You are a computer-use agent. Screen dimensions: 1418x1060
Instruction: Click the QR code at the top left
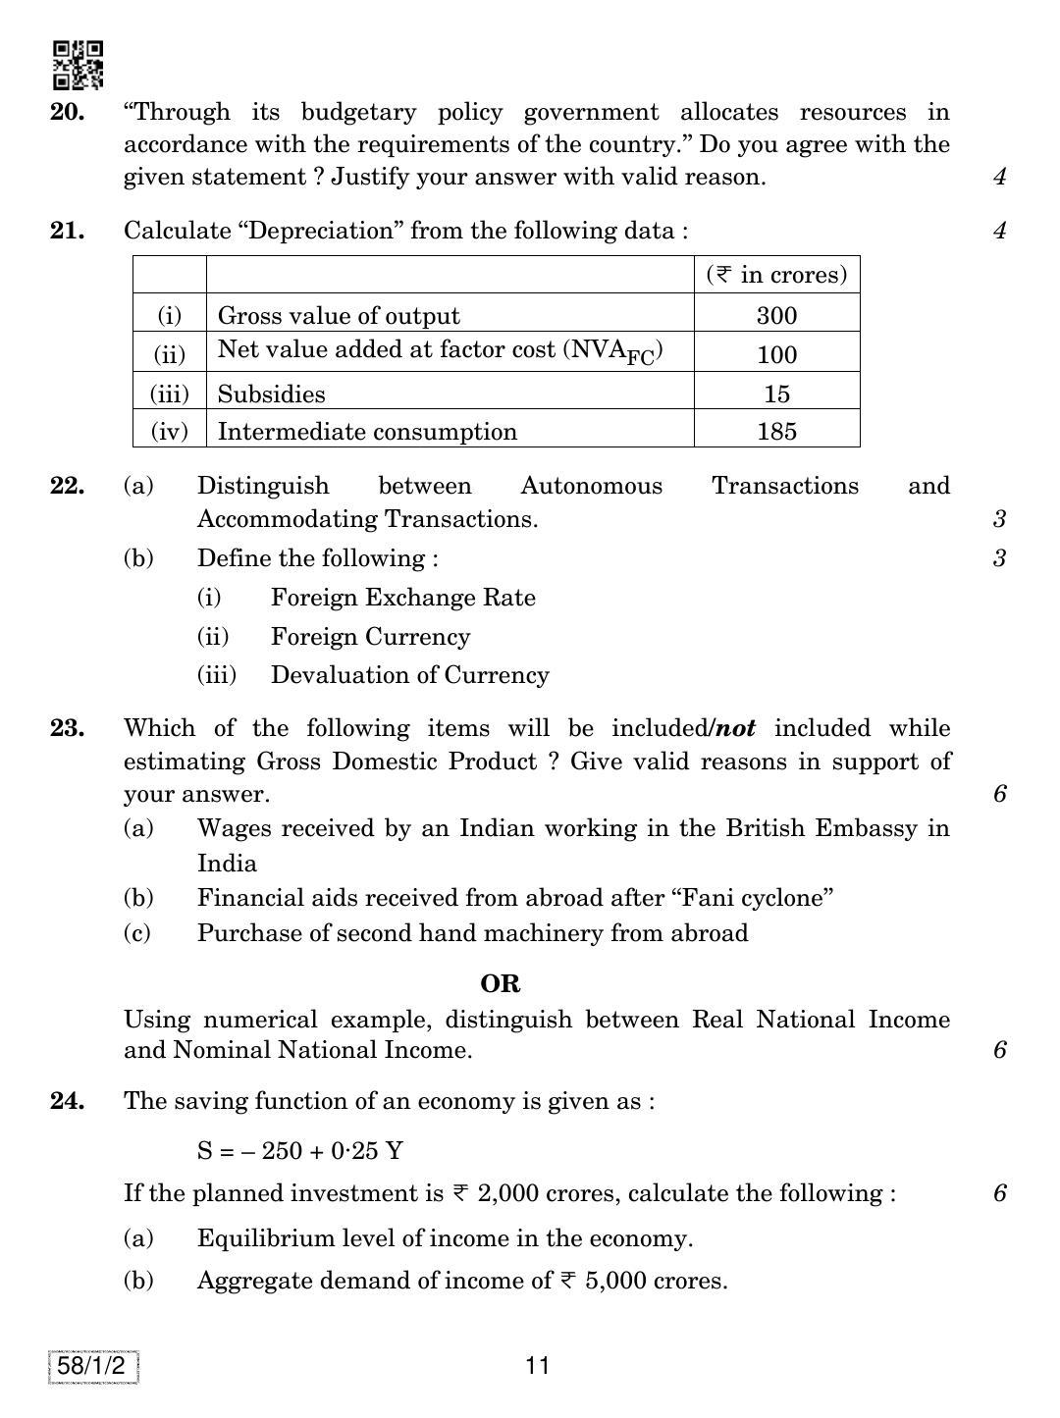pyautogui.click(x=78, y=65)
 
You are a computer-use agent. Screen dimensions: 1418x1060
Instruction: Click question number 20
pyautogui.click(x=67, y=113)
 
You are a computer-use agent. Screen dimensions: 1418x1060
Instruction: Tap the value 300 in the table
pyautogui.click(x=776, y=316)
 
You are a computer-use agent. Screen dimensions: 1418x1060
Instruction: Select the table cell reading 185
pyautogui.click(x=776, y=432)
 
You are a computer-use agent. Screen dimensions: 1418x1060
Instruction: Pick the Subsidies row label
pyautogui.click(x=271, y=394)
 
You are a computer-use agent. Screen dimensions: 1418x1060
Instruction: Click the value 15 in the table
pyautogui.click(x=776, y=394)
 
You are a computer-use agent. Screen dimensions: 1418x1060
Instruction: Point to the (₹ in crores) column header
pyautogui.click(x=776, y=275)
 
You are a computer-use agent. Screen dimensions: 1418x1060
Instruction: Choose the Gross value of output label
pyautogui.click(x=338, y=316)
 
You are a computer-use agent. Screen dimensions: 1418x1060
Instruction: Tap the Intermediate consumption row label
pyautogui.click(x=366, y=432)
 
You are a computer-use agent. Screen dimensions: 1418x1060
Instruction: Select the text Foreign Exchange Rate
pyautogui.click(x=402, y=598)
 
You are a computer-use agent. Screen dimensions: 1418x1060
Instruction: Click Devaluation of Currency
pyautogui.click(x=409, y=675)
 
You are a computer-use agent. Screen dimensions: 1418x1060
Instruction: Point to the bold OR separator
pyautogui.click(x=500, y=983)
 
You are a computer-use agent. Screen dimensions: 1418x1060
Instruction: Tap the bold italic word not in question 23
pyautogui.click(x=735, y=728)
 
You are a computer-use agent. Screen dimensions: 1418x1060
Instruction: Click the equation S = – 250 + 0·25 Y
pyautogui.click(x=299, y=1150)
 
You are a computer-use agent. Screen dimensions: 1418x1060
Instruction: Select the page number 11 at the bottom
pyautogui.click(x=537, y=1365)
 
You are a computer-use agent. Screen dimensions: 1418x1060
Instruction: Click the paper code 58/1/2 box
pyautogui.click(x=92, y=1367)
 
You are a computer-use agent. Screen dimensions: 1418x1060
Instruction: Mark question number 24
pyautogui.click(x=67, y=1101)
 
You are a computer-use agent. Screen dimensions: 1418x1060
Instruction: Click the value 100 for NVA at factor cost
pyautogui.click(x=776, y=354)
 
